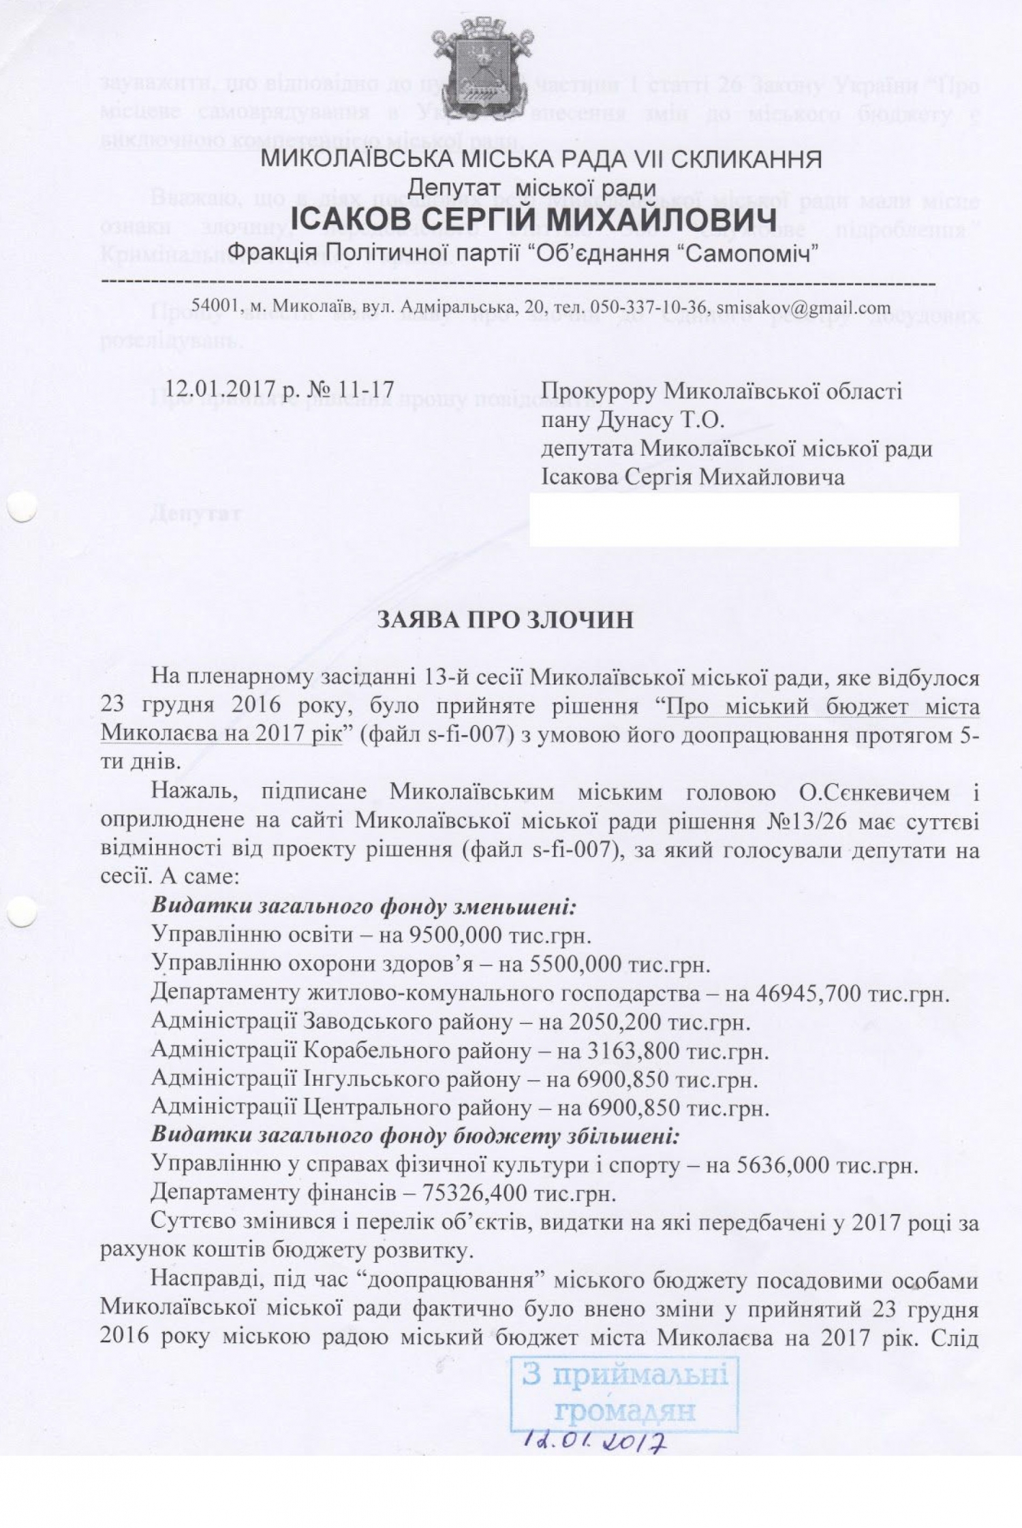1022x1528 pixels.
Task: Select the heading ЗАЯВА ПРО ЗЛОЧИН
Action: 505,620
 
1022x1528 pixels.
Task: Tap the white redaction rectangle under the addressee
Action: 744,520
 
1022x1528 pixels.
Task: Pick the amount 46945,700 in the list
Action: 808,994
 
